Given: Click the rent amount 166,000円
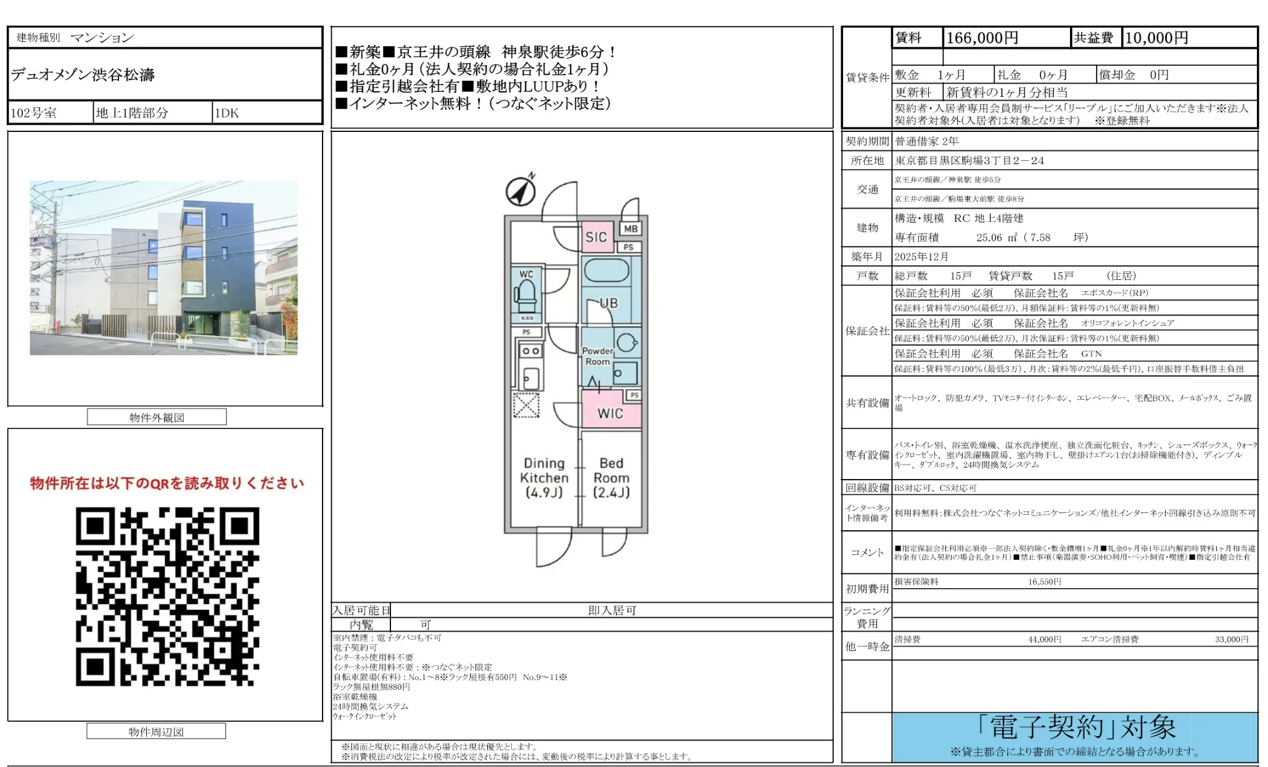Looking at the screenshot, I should click(x=982, y=38).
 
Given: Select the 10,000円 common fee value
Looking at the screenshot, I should click(x=1156, y=38).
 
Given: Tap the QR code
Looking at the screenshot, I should click(x=167, y=596).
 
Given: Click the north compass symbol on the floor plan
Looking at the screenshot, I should click(x=521, y=191).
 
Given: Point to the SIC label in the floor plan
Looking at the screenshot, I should click(x=596, y=237).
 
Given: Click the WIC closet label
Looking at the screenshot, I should click(x=610, y=414).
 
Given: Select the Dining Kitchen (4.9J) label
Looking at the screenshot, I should click(x=544, y=477).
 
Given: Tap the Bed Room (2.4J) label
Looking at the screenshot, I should click(x=611, y=477).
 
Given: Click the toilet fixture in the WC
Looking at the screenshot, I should click(x=527, y=296).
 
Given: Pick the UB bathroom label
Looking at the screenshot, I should click(x=609, y=303).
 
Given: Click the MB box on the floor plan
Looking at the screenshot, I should click(x=630, y=229).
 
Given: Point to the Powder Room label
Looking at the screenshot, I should click(x=597, y=356).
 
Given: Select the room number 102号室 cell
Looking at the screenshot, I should click(x=34, y=113).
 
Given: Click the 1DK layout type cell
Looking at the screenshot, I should click(x=226, y=113).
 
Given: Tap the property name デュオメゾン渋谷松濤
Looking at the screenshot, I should click(x=83, y=75).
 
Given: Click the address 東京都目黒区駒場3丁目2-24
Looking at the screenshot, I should click(x=970, y=161).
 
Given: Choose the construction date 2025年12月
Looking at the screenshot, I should click(x=921, y=257).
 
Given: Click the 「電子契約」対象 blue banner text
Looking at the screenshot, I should click(x=1076, y=728).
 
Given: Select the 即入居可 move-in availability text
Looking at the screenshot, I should click(x=612, y=610).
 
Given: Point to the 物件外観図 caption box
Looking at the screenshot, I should click(x=157, y=417).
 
